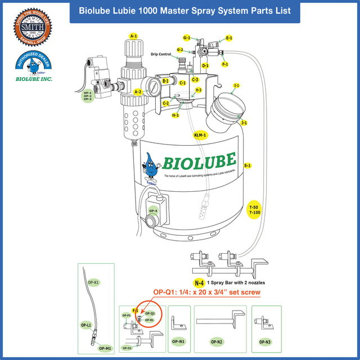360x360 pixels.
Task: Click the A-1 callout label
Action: click(133, 36)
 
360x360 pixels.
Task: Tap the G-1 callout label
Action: click(187, 38)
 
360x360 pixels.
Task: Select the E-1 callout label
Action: click(229, 38)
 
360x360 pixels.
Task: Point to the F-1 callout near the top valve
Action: click(225, 64)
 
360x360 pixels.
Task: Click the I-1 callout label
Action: click(236, 85)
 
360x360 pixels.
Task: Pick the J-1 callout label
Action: click(244, 122)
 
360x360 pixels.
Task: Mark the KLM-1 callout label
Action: click(200, 136)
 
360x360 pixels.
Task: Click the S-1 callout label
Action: click(247, 165)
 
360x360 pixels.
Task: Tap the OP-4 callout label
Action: click(153, 211)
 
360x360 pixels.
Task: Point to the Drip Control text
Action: click(161, 55)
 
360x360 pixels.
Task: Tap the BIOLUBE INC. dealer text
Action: click(34, 79)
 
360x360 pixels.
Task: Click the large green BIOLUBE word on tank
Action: click(199, 161)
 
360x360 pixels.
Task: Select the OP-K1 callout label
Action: click(93, 281)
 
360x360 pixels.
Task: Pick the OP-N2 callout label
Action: click(217, 341)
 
